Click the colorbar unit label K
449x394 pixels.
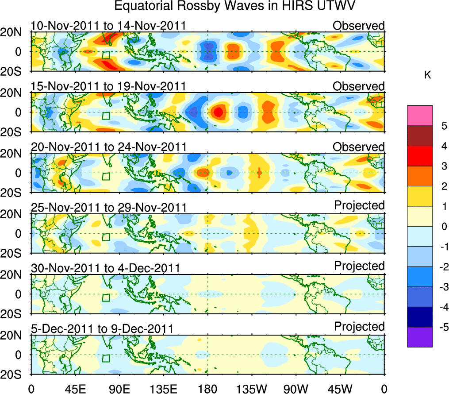click(x=427, y=75)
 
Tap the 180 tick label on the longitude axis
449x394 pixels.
click(x=207, y=389)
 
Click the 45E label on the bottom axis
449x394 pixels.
click(x=75, y=389)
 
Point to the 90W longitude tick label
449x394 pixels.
click(x=296, y=389)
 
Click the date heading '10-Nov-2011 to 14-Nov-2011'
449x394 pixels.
click(x=108, y=26)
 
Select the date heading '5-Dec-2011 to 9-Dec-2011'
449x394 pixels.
click(x=102, y=329)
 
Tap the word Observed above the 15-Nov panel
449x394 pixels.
click(x=358, y=86)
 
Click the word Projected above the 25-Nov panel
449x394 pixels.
click(x=359, y=205)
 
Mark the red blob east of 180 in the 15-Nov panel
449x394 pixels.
click(x=218, y=112)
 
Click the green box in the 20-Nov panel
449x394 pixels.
click(x=106, y=176)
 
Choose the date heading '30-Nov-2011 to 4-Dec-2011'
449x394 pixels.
click(x=105, y=268)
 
